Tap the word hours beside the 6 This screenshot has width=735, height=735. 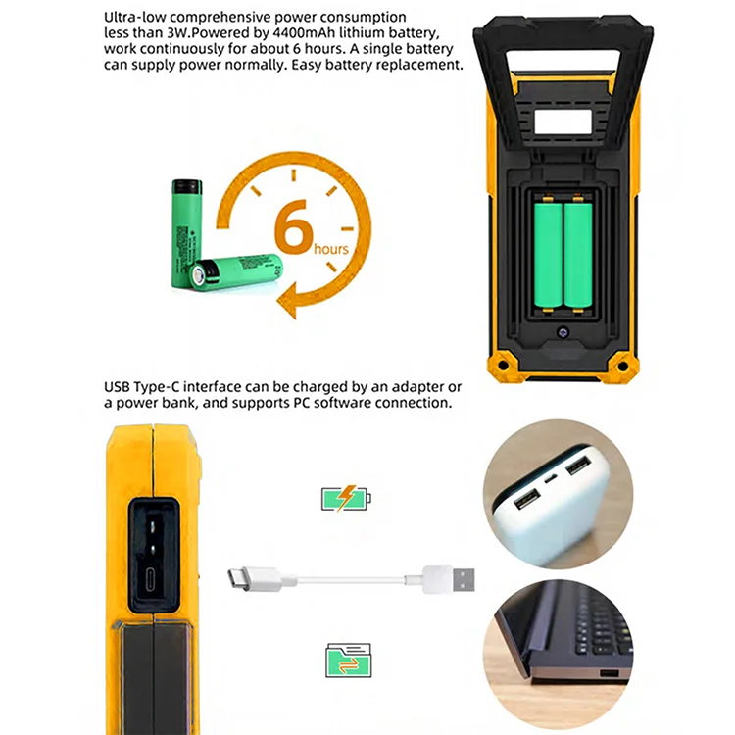tap(331, 249)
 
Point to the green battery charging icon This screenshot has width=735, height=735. tap(347, 500)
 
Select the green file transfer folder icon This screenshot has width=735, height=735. tap(347, 661)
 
